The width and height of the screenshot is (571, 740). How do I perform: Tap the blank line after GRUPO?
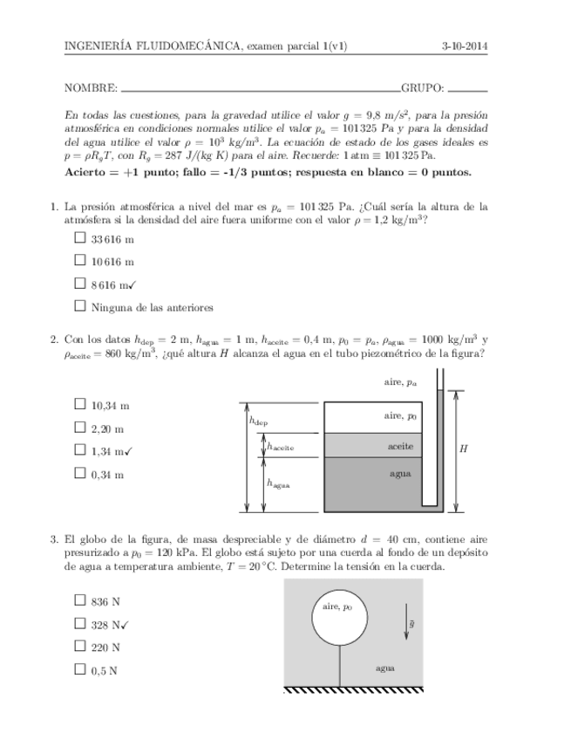[467, 89]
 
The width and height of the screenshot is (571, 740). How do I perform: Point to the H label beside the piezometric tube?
[463, 449]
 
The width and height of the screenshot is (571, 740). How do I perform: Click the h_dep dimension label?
[259, 421]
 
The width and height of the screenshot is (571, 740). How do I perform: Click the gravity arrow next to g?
[404, 626]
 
